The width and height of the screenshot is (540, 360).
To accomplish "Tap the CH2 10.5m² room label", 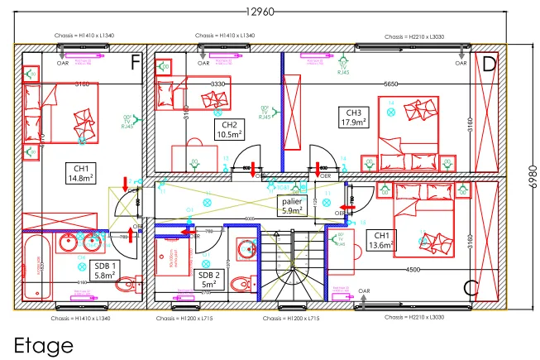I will click(x=229, y=128).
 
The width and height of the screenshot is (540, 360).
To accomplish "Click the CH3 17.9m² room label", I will click(x=353, y=118).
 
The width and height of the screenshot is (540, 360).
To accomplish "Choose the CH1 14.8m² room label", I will click(x=81, y=172).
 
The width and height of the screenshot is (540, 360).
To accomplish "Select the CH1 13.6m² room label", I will click(x=380, y=239).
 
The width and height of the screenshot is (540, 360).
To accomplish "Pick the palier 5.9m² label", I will click(x=292, y=205).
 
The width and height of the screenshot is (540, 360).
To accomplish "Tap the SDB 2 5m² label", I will click(x=208, y=280).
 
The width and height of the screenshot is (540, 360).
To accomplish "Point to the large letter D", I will click(x=489, y=64).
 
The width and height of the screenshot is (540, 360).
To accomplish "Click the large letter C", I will click(x=471, y=288).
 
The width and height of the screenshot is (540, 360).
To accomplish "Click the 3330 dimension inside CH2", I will click(x=218, y=84).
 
